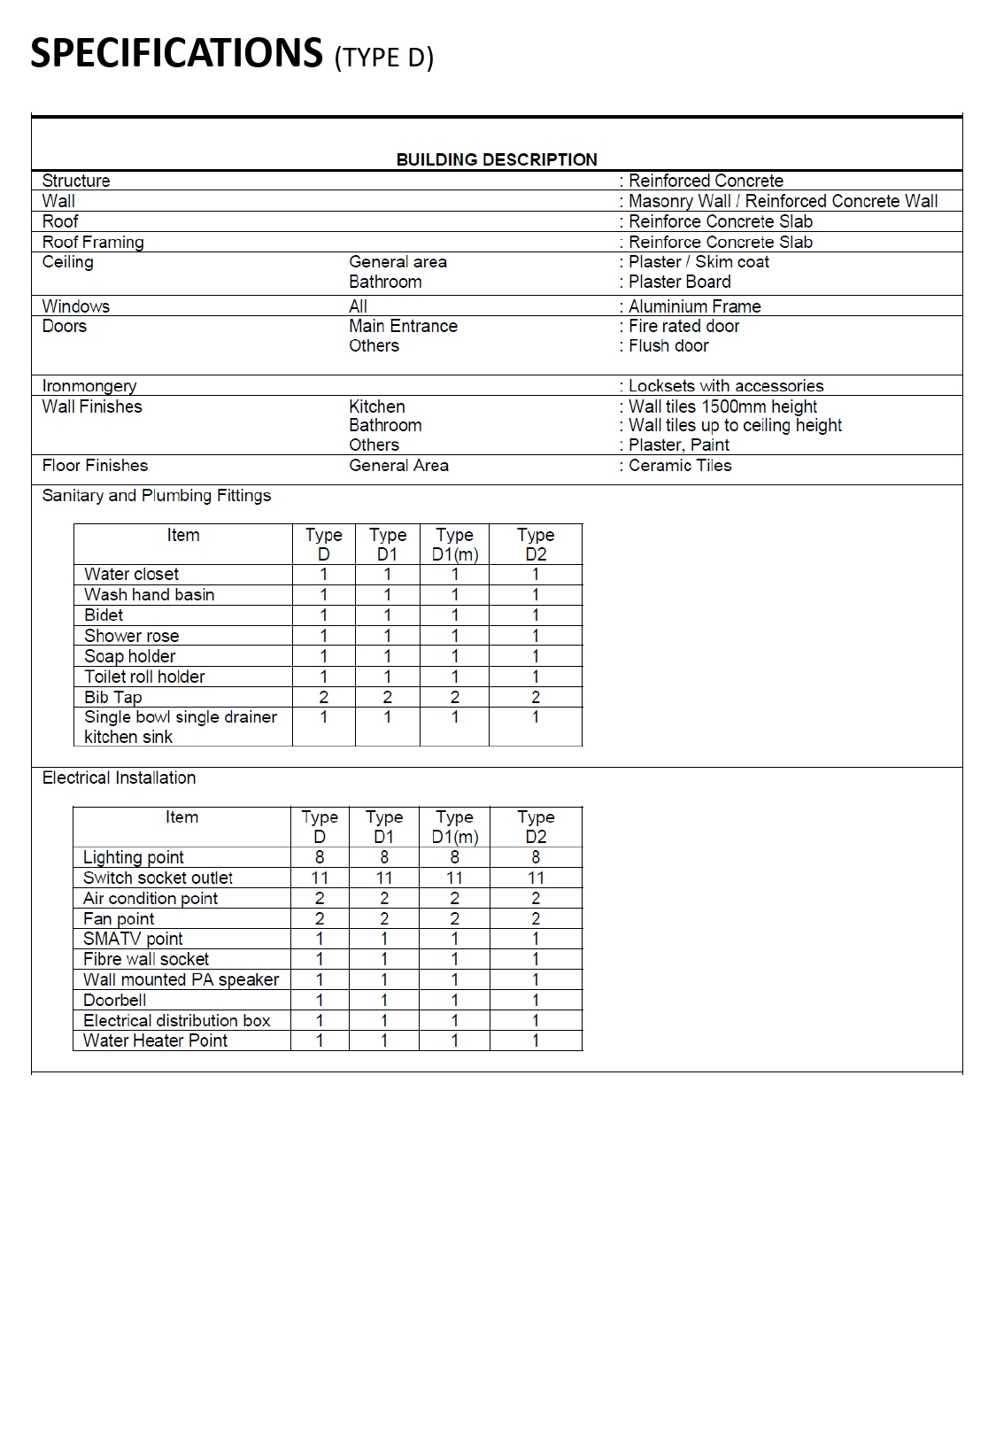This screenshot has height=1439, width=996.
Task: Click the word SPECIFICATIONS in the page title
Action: tap(176, 53)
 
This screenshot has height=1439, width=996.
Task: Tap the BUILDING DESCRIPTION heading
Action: tap(497, 160)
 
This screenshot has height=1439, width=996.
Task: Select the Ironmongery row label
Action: tap(89, 386)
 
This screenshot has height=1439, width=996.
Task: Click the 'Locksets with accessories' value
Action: tap(725, 386)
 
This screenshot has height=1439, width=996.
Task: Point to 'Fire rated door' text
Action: tap(683, 326)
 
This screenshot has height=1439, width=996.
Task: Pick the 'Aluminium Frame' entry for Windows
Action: tap(694, 306)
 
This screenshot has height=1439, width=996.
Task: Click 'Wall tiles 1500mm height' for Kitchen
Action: tap(722, 406)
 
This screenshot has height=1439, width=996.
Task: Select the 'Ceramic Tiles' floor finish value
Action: tap(680, 466)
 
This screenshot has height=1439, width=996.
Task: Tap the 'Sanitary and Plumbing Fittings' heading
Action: tap(157, 496)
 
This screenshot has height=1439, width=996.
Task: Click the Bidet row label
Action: tap(104, 615)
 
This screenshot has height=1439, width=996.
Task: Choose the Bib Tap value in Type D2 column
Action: tap(536, 698)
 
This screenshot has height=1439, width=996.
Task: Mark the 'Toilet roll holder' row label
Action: tap(144, 677)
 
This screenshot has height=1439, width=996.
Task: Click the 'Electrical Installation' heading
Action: tap(120, 778)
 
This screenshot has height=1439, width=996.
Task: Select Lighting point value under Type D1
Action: tap(384, 857)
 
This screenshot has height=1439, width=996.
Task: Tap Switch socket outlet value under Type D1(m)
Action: tap(454, 878)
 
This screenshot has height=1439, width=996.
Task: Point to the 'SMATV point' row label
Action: tap(133, 939)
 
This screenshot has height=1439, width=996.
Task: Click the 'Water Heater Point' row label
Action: tap(155, 1041)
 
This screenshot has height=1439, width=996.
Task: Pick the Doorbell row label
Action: tap(115, 1001)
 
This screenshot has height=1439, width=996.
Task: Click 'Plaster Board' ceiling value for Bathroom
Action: tap(679, 282)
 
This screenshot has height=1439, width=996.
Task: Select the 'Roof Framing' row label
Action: tap(93, 243)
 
